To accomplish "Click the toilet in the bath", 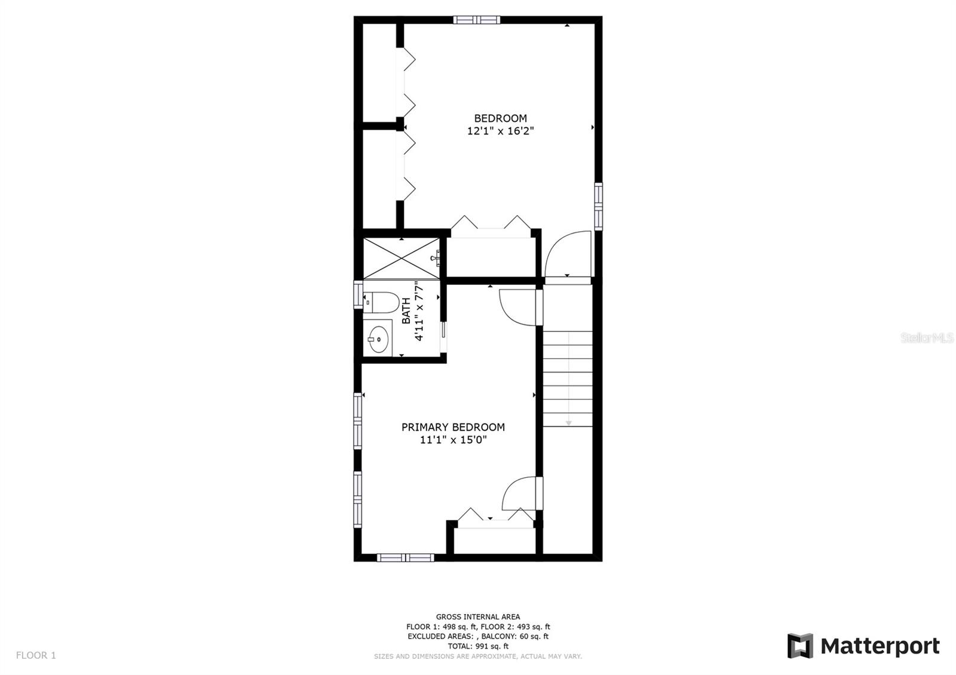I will (x=382, y=302).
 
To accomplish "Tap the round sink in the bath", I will (x=378, y=339).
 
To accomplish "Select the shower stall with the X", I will (x=401, y=257).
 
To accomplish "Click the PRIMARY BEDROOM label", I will (x=453, y=427).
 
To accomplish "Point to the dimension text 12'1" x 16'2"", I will (x=500, y=131).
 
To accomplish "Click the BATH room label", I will (x=406, y=311).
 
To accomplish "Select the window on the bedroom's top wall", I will (x=476, y=20).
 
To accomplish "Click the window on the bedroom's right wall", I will (x=598, y=206).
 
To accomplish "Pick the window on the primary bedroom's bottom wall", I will (x=405, y=557).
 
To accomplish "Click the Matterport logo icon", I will (x=800, y=646).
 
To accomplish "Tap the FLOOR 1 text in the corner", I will (x=36, y=655).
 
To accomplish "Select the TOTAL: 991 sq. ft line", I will (x=478, y=646).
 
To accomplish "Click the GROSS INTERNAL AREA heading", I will (x=478, y=616).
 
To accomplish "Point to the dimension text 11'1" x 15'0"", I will (x=454, y=440).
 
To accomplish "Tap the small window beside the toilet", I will (x=358, y=294).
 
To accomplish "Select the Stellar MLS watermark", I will (x=927, y=338).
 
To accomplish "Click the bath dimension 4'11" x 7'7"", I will (x=419, y=311).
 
